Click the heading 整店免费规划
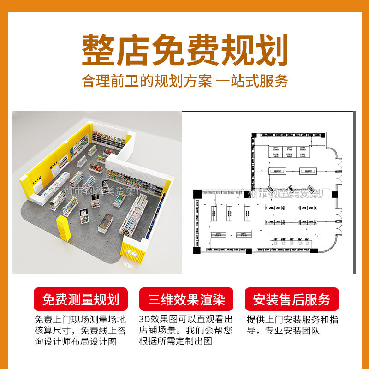(x=184, y=49)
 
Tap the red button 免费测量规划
(x=81, y=300)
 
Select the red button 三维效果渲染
(x=186, y=300)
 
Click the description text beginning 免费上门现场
(x=79, y=330)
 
